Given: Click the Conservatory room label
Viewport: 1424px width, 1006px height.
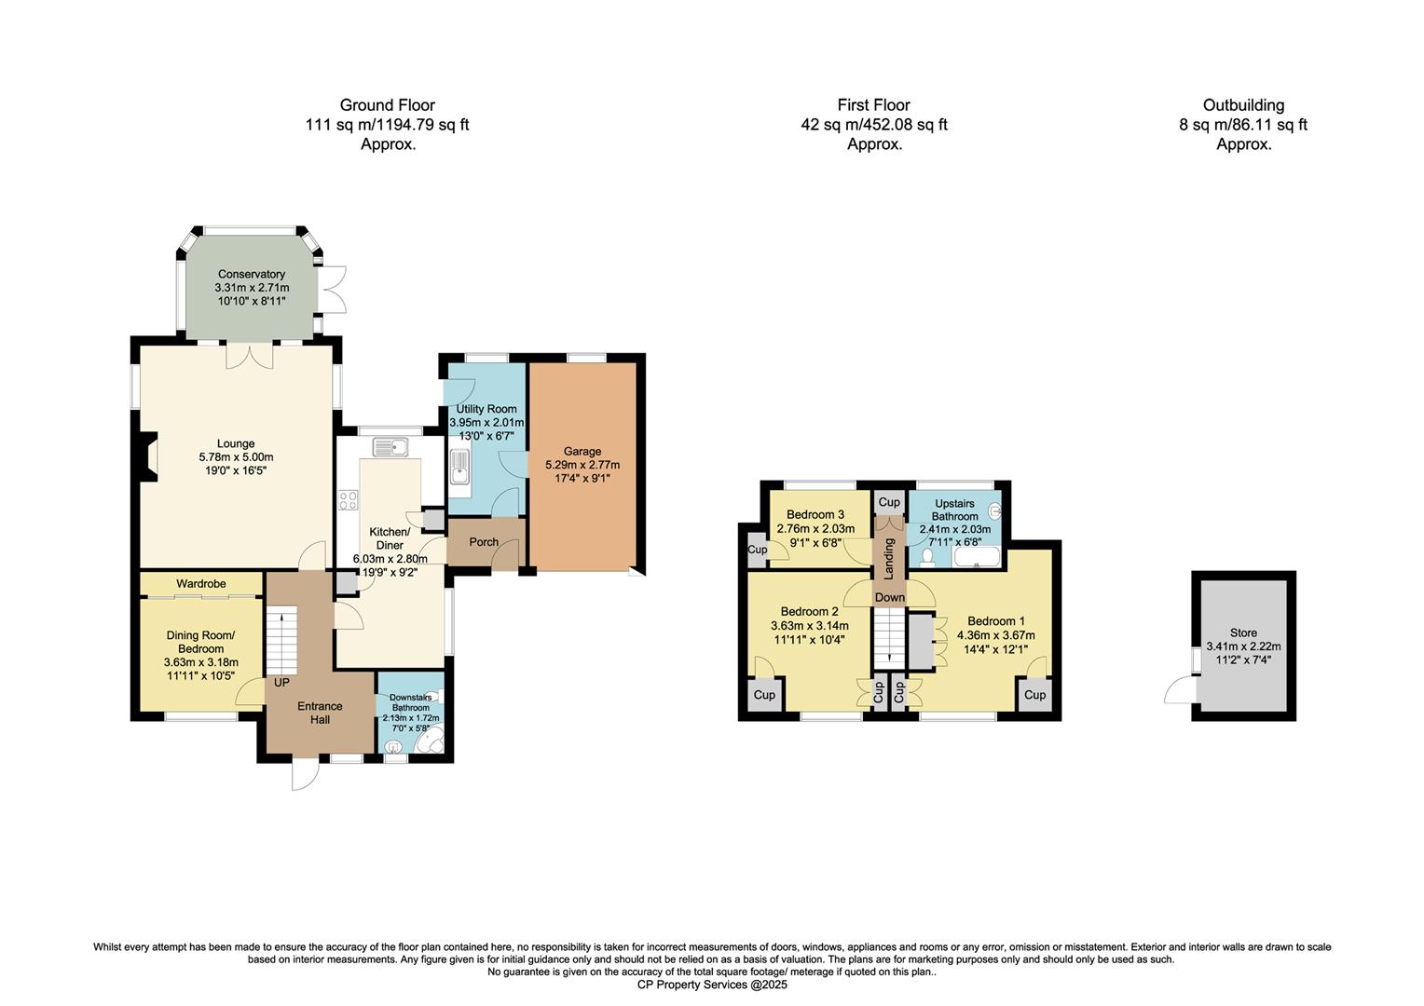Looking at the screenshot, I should pyautogui.click(x=251, y=274).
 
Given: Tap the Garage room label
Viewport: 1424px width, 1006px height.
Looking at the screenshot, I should pyautogui.click(x=582, y=451).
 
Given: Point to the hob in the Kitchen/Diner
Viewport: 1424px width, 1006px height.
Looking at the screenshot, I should pyautogui.click(x=349, y=500).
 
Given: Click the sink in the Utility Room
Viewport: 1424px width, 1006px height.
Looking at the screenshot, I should pyautogui.click(x=459, y=469).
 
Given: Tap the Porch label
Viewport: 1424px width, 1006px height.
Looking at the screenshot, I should pyautogui.click(x=484, y=542).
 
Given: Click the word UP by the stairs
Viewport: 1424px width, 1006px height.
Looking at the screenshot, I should pyautogui.click(x=281, y=682).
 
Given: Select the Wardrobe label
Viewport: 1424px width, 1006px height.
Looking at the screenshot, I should pyautogui.click(x=201, y=583).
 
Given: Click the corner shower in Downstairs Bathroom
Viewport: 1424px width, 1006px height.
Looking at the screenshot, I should pyautogui.click(x=430, y=741).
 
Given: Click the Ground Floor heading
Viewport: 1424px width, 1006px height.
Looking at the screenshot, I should pyautogui.click(x=387, y=105).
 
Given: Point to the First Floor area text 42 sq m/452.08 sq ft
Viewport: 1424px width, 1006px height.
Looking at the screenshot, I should pyautogui.click(x=873, y=125).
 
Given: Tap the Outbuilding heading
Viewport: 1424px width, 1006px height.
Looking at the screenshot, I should pyautogui.click(x=1243, y=105).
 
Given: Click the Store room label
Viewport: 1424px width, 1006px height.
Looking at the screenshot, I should pyautogui.click(x=1243, y=632).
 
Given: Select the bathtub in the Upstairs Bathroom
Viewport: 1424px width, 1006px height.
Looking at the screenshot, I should pyautogui.click(x=976, y=558).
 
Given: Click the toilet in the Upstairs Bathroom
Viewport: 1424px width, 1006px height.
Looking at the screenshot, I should pyautogui.click(x=926, y=557).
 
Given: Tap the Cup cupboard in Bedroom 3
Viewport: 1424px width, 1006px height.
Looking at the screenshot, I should pyautogui.click(x=757, y=550).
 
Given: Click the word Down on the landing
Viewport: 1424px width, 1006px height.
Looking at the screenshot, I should pyautogui.click(x=889, y=597).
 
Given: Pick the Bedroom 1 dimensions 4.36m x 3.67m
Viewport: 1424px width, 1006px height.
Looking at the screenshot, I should pyautogui.click(x=995, y=635).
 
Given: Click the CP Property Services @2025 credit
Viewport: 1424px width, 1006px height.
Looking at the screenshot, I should pyautogui.click(x=712, y=985).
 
